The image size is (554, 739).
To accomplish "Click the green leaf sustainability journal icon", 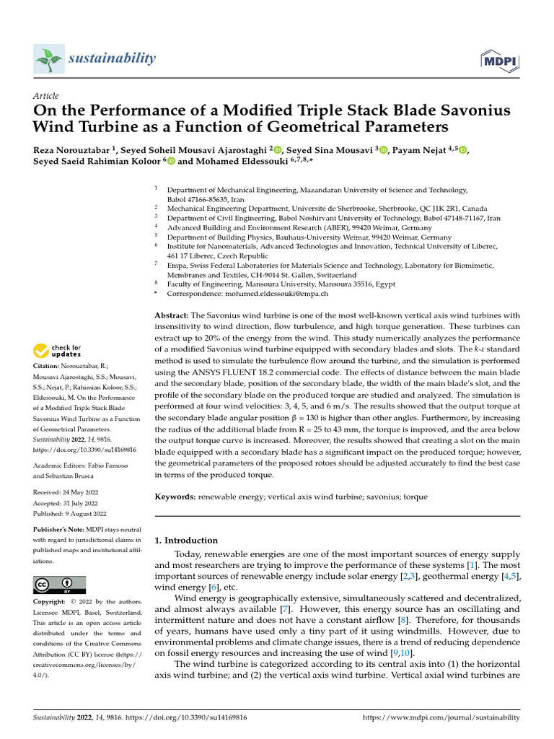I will pyautogui.click(x=48, y=58).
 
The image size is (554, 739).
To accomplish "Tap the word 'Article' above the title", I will pyautogui.click(x=46, y=96).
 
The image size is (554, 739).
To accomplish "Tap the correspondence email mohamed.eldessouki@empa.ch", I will pyautogui.click(x=247, y=294).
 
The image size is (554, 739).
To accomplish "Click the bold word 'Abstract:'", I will pyautogui.click(x=172, y=315).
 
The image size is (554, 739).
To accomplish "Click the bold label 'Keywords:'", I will pyautogui.click(x=175, y=497).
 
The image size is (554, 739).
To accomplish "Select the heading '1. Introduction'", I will pyautogui.click(x=186, y=540).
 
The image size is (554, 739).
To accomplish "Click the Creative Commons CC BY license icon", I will pyautogui.click(x=59, y=584).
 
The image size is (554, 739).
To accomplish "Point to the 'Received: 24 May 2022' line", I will pyautogui.click(x=69, y=491).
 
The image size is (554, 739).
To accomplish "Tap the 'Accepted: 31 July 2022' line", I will pyautogui.click(x=69, y=502).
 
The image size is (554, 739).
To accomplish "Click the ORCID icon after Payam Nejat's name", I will pyautogui.click(x=462, y=150).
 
